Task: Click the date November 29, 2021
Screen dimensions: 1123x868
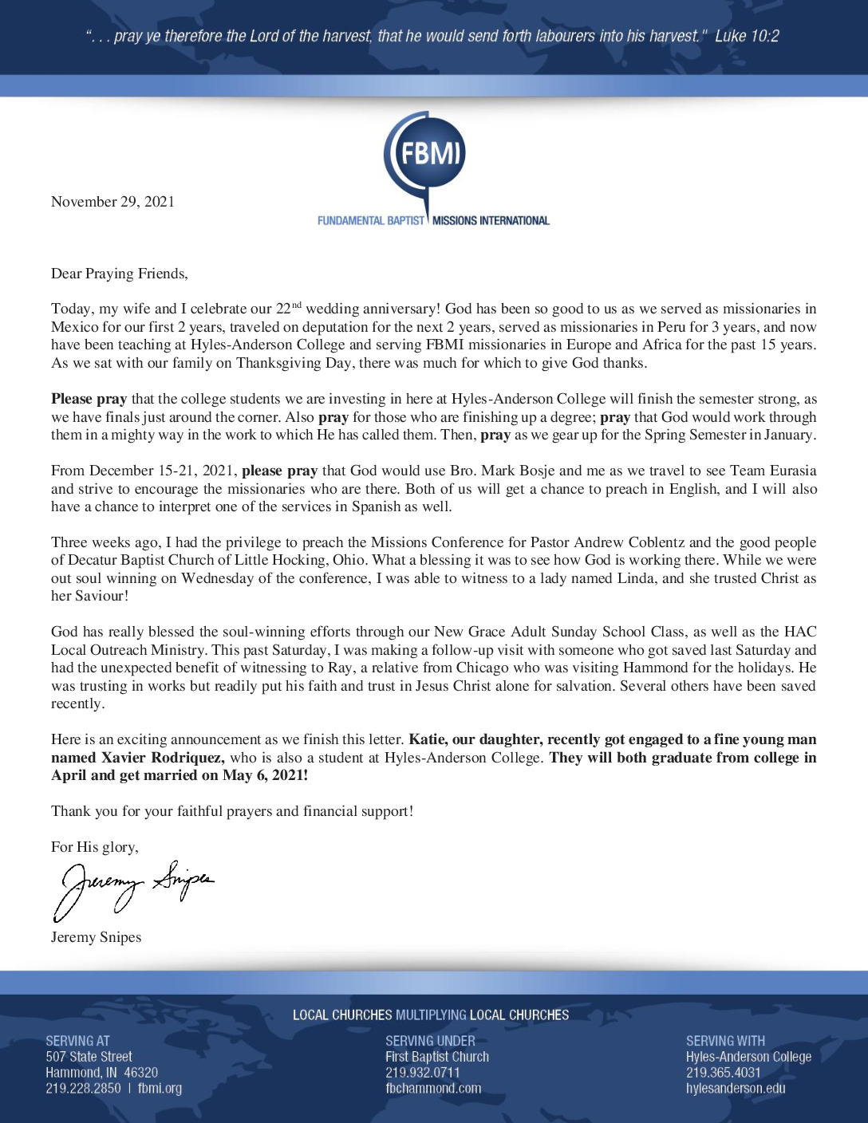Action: tap(112, 202)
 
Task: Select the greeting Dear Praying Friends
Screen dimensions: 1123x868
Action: tap(120, 274)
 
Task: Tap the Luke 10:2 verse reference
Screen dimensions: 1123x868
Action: tap(747, 36)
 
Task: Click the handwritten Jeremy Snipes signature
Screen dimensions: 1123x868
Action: tap(132, 887)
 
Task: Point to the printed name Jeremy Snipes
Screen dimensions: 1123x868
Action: tap(96, 937)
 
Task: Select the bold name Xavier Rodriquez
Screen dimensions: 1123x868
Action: tap(162, 758)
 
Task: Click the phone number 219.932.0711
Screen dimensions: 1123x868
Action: tap(422, 1073)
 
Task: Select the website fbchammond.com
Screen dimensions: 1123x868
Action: tap(433, 1089)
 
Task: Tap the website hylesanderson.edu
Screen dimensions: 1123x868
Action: tap(736, 1089)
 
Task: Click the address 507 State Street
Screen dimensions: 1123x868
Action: tap(89, 1057)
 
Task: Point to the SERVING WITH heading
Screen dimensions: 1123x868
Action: tap(725, 1041)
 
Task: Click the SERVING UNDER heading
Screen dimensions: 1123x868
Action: tap(430, 1041)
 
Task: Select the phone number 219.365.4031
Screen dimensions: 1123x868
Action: tap(723, 1073)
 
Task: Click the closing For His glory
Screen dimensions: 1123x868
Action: tap(94, 847)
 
